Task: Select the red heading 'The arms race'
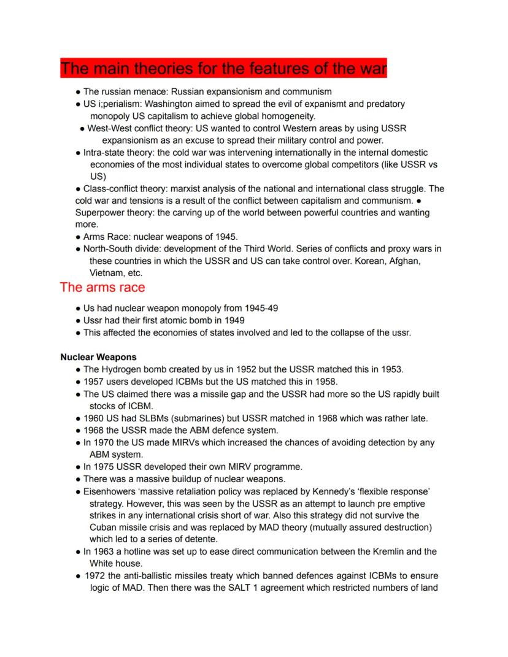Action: click(x=102, y=287)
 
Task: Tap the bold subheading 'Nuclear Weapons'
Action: click(x=98, y=357)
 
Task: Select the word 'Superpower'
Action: click(x=100, y=213)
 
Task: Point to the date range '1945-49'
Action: click(x=261, y=308)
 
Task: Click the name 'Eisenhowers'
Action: click(x=111, y=491)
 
